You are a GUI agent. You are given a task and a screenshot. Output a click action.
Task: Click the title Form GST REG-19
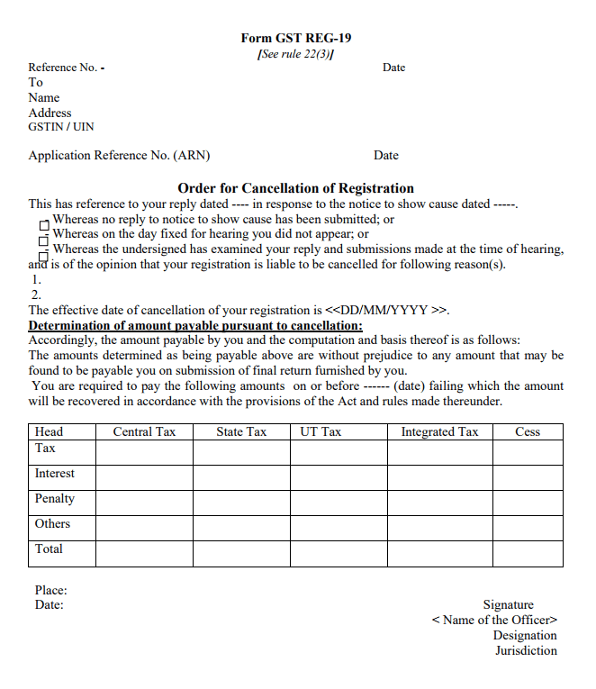coord(295,38)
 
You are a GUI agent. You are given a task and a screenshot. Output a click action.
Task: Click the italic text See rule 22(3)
coord(295,54)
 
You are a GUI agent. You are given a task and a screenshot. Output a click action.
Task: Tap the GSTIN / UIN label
coord(61,127)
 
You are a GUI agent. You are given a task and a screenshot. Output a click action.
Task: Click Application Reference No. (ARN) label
coord(119,155)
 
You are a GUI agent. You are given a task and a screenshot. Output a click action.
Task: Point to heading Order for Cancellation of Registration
coord(295,188)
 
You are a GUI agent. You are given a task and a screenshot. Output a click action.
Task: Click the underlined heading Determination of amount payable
coord(195,325)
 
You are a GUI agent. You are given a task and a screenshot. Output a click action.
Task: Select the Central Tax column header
coord(144,432)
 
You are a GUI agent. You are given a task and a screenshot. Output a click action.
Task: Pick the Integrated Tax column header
coord(439,432)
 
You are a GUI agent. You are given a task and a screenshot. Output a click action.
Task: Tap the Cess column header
coord(528,432)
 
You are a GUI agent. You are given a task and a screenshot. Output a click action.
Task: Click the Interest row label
coord(55,474)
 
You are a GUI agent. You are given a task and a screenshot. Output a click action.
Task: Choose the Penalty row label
coord(55,499)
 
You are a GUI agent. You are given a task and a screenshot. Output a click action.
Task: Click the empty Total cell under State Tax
coord(241,553)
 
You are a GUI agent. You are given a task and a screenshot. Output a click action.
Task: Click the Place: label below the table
coord(51,591)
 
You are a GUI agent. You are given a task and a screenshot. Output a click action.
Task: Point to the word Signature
coord(508,605)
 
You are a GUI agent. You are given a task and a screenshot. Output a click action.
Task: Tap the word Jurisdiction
coord(526,650)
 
